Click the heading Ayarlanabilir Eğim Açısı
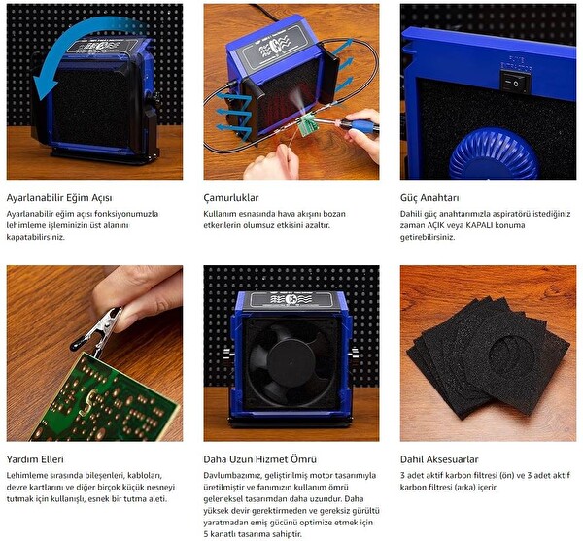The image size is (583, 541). tap(59, 198)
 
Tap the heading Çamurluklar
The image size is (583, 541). tap(231, 198)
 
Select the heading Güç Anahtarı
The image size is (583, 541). tap(429, 198)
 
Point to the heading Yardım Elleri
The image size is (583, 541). tap(35, 459)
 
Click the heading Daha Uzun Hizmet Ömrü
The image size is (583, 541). tap(259, 459)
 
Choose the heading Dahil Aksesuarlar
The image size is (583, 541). tap(439, 459)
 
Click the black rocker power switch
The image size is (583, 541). tap(515, 83)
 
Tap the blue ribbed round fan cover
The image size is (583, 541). tap(494, 154)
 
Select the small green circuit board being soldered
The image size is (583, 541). tap(307, 125)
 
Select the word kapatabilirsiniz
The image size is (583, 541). tap(36, 237)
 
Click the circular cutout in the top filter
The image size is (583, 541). tap(513, 353)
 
